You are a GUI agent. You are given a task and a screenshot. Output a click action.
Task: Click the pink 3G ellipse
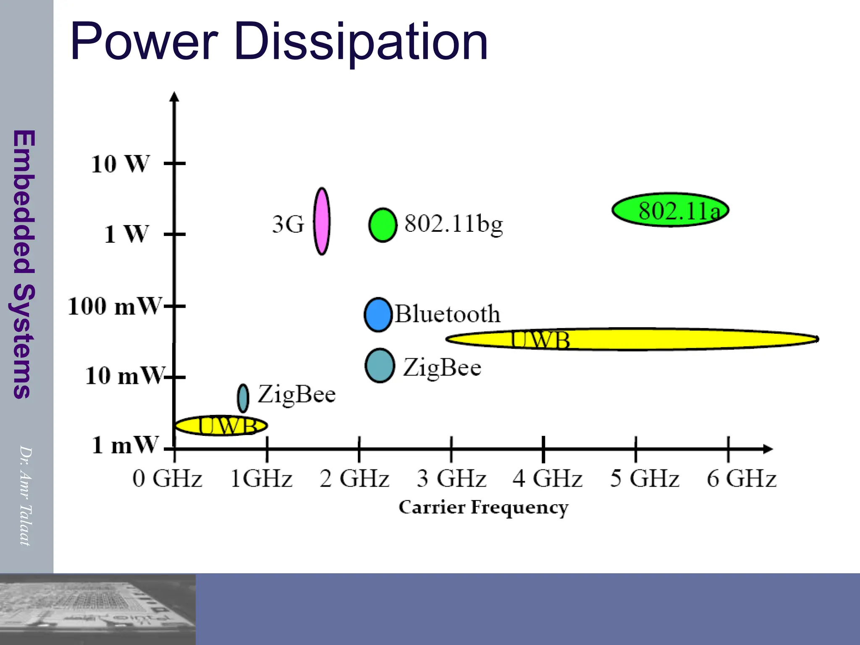pos(322,221)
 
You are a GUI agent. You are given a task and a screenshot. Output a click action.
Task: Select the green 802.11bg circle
pos(383,225)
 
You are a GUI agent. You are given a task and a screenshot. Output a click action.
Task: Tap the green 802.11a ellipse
pos(670,210)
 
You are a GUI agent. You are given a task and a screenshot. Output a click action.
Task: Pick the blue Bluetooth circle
pos(378,315)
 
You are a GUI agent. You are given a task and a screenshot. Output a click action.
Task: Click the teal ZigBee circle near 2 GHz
pos(380,365)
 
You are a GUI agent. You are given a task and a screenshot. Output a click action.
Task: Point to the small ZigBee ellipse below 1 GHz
pos(243,398)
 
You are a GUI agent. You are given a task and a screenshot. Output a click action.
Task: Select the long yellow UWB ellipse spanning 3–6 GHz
pos(632,339)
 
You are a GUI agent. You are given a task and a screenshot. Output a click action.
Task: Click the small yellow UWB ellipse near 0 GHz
pos(221,425)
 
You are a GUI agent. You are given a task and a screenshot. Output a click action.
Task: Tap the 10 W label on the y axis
pos(120,164)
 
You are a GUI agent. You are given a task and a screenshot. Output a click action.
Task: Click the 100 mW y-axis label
pos(114,306)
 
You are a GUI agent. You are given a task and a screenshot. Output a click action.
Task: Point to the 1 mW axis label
pos(125,445)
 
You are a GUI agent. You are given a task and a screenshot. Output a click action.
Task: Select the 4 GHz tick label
pos(547,479)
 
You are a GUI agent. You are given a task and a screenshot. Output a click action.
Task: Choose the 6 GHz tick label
pos(741,479)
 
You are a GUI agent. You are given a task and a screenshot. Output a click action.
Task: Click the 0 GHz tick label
pos(167,479)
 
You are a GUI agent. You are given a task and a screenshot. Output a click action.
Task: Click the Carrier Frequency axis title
pos(483,507)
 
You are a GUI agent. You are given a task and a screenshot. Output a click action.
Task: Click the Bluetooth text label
pos(448,314)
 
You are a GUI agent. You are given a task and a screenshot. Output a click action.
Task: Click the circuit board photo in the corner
pos(97,609)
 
